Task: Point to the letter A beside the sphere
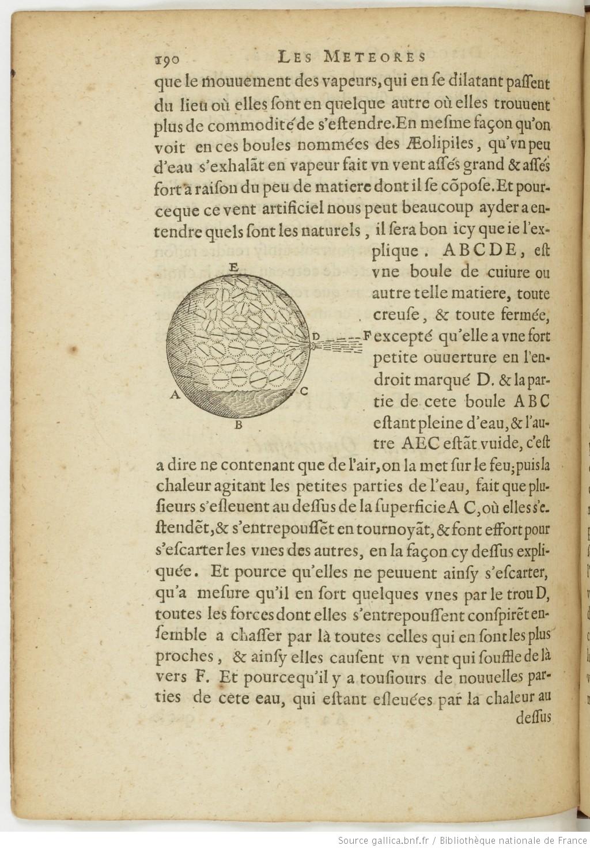[x=173, y=395]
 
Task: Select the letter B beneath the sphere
[x=238, y=426]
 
